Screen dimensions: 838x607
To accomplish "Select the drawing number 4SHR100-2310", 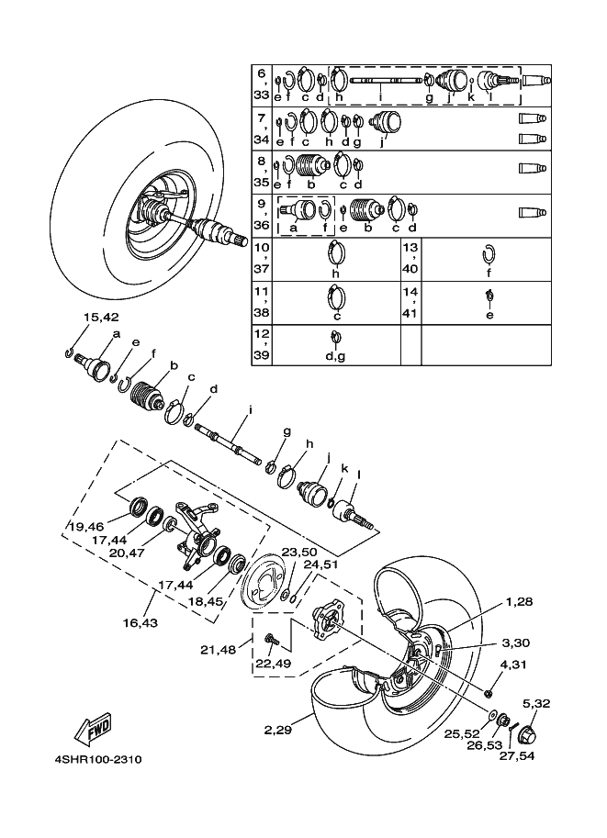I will click(97, 760).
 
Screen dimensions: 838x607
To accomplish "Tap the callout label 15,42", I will click(101, 318).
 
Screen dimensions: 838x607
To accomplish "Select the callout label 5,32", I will click(536, 704).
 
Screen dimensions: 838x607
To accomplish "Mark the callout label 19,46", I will click(84, 528).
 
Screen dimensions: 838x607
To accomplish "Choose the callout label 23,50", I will click(298, 553).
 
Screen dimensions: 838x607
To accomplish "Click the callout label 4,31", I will click(513, 665).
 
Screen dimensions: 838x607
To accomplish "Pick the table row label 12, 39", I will click(262, 345).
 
